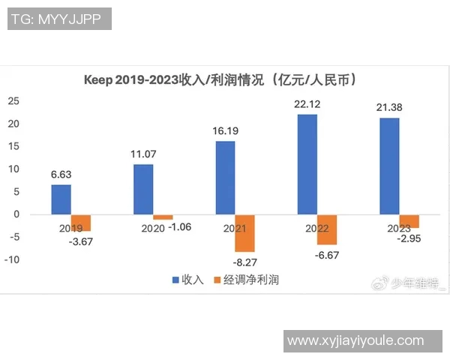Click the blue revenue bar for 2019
click(x=61, y=199)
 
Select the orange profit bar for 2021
click(x=245, y=233)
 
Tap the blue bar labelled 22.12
click(x=307, y=164)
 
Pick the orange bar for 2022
click(x=327, y=229)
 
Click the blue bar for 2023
click(x=389, y=166)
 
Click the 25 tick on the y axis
click(x=13, y=101)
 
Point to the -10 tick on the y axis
click(x=11, y=260)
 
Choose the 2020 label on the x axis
click(x=152, y=226)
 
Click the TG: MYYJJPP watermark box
click(x=60, y=19)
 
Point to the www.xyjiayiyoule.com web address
click(x=366, y=341)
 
